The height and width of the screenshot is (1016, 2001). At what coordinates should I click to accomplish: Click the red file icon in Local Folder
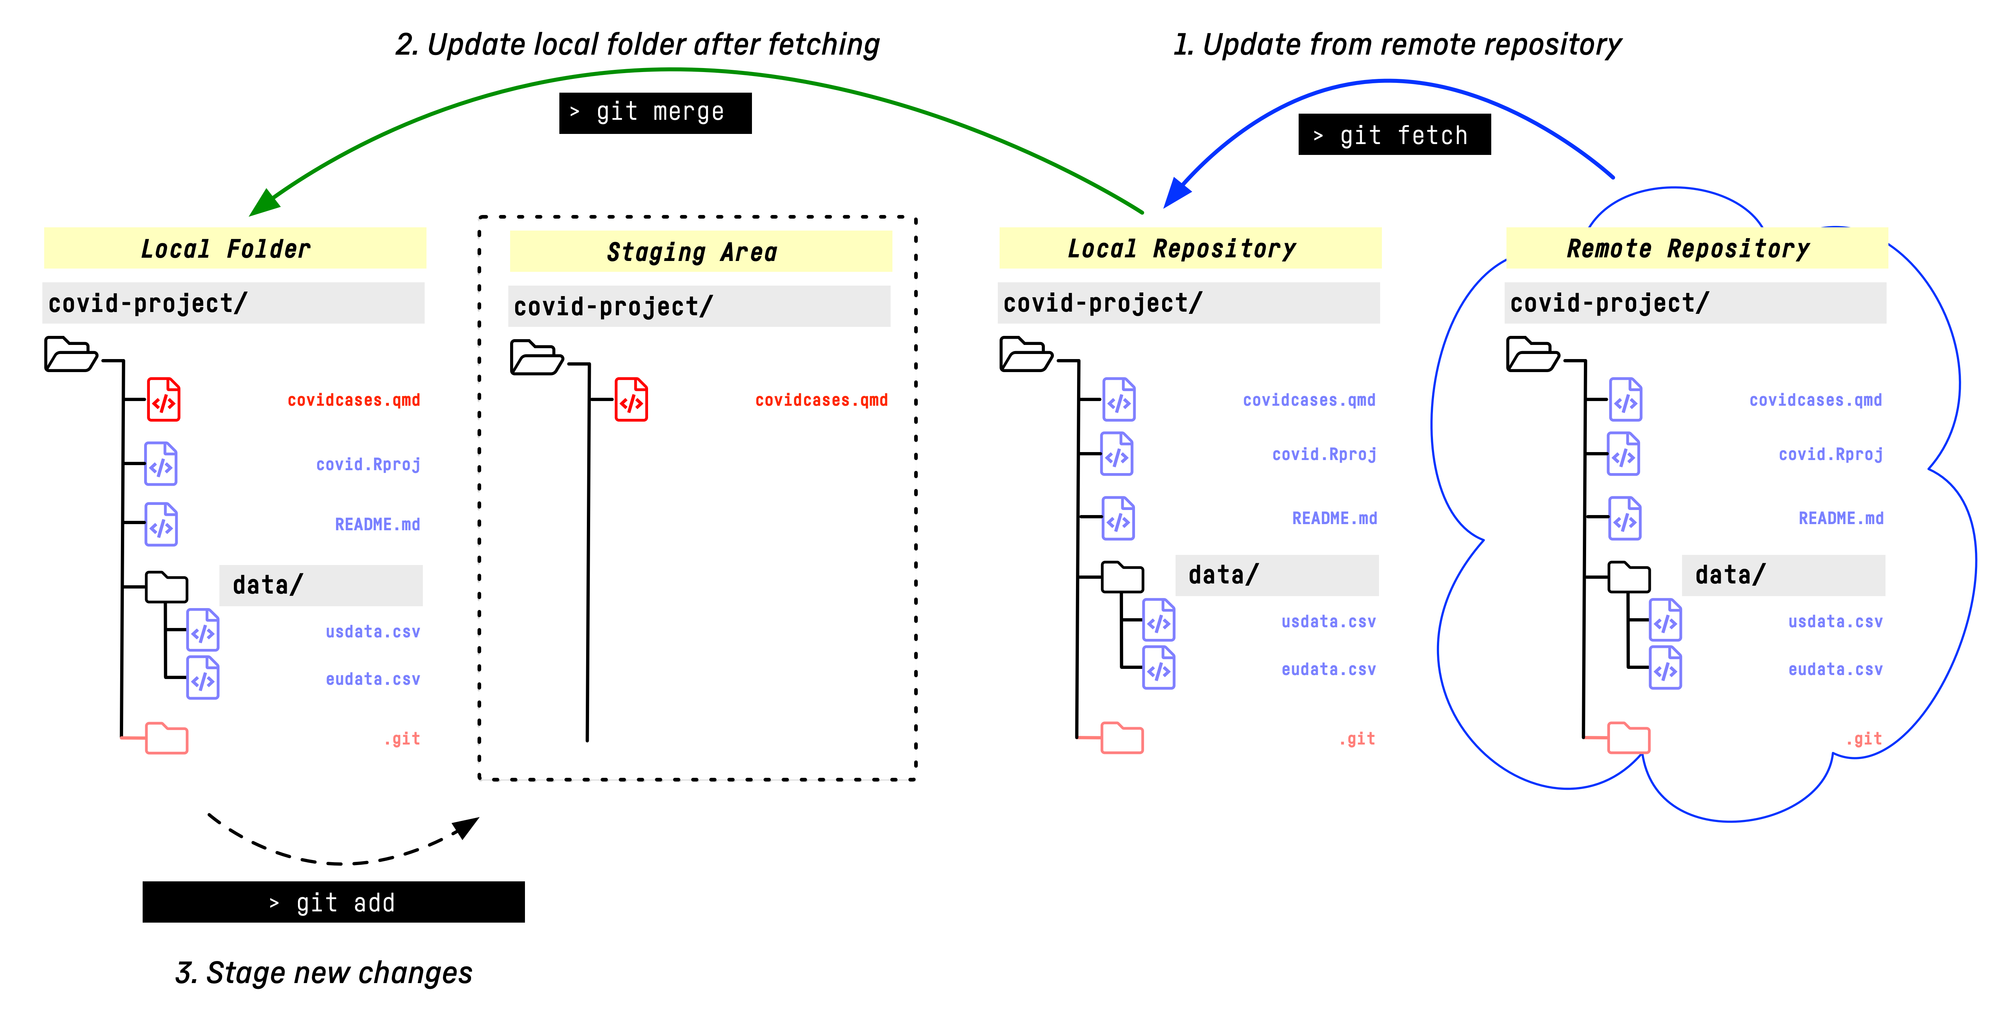pos(164,400)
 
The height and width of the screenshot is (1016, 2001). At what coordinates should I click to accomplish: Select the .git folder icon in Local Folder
pos(166,738)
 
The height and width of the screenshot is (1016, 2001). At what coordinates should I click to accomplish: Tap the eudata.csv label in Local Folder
pos(373,679)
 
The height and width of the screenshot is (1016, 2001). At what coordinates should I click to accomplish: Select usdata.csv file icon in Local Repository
pos(1158,621)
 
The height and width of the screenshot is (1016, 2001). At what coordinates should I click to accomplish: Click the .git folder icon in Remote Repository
pos(1628,738)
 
